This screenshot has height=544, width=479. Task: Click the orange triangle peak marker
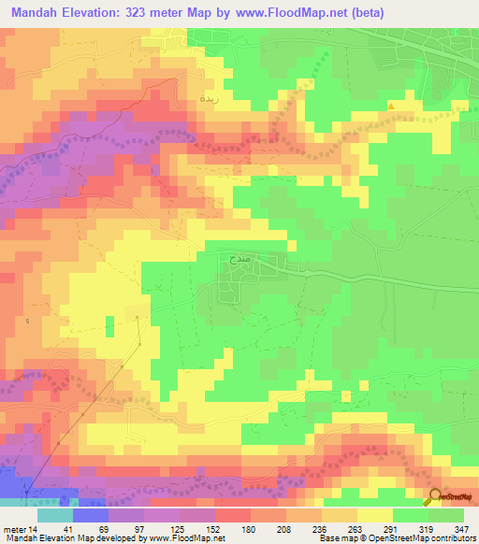click(391, 106)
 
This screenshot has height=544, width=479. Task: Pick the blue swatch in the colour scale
click(91, 516)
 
